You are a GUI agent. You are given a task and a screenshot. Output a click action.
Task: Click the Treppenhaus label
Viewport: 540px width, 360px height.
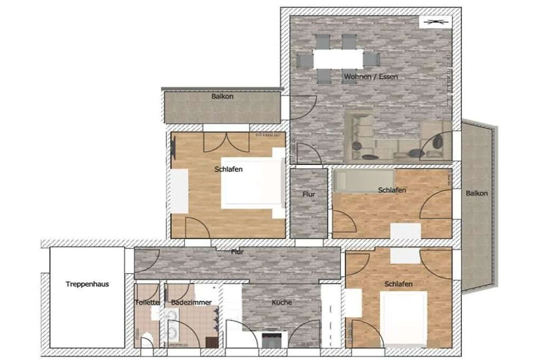(87, 284)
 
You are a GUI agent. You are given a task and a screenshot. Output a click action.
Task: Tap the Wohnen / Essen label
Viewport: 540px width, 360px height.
(371, 76)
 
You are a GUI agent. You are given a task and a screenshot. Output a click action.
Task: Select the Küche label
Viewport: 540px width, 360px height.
(282, 302)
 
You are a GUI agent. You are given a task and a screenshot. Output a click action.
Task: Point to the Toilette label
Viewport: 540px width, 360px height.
(147, 302)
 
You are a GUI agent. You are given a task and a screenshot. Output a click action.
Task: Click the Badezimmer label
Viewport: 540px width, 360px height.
(191, 302)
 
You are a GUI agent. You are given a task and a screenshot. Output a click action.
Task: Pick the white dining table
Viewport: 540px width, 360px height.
(338, 59)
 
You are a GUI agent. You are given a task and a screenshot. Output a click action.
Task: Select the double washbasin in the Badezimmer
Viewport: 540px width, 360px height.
(172, 325)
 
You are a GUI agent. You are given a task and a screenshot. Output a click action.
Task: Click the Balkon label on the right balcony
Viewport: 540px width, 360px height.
(477, 193)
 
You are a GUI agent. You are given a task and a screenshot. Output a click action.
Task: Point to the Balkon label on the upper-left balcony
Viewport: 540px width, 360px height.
(222, 96)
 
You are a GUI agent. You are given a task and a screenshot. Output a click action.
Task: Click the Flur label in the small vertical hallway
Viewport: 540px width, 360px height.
(309, 194)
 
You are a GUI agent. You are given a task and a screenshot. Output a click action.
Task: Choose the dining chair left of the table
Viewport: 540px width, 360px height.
(305, 60)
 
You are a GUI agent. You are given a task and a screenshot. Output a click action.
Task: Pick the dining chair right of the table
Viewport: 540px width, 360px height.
(372, 59)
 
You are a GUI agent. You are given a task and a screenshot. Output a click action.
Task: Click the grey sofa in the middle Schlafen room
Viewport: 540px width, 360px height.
(364, 181)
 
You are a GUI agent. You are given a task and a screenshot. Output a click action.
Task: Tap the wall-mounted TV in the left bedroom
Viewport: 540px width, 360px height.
(173, 146)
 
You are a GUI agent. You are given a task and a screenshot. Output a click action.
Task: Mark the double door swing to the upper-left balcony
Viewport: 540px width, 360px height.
(226, 142)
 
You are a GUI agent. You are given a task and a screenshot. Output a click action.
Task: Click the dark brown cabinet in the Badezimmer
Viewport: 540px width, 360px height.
(212, 342)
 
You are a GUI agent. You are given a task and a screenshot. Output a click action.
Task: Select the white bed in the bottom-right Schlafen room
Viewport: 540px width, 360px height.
(404, 319)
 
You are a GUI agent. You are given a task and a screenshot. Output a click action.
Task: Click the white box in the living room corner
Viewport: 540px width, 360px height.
(436, 22)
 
